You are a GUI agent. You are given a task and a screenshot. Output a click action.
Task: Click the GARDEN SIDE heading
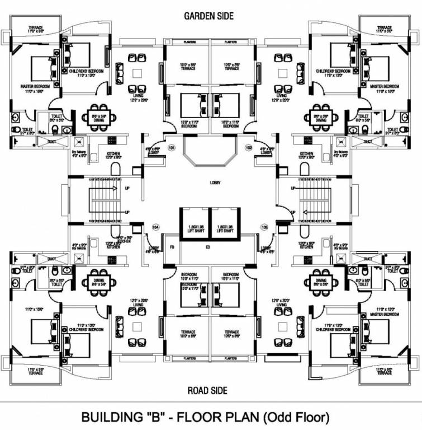point(208,16)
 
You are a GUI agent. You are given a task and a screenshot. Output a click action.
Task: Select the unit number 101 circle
point(172,148)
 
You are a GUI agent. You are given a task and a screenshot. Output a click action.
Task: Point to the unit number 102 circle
point(249,148)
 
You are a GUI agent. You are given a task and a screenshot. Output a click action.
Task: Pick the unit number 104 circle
point(156,227)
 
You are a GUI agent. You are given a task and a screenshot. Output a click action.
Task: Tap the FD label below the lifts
point(172,246)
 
